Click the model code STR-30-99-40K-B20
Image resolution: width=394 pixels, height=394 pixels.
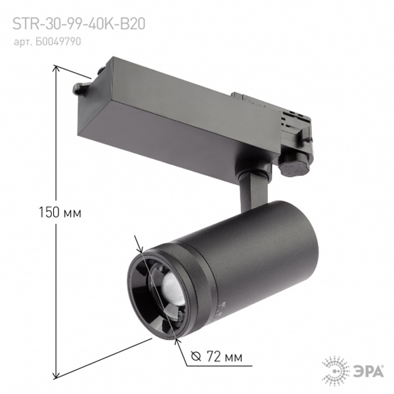pyautogui.click(x=79, y=24)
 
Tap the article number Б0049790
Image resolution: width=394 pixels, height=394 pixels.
pyautogui.click(x=47, y=42)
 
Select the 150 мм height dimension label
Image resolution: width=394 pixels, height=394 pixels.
pyautogui.click(x=60, y=213)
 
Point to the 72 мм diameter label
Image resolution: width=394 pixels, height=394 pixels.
pyautogui.click(x=217, y=357)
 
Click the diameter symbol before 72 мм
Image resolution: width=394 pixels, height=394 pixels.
pyautogui.click(x=196, y=357)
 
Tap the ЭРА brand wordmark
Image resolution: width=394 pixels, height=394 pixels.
pyautogui.click(x=368, y=371)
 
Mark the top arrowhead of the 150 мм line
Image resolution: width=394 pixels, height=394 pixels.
pyautogui.click(x=56, y=68)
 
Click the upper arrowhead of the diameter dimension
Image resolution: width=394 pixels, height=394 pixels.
pyautogui.click(x=141, y=248)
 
